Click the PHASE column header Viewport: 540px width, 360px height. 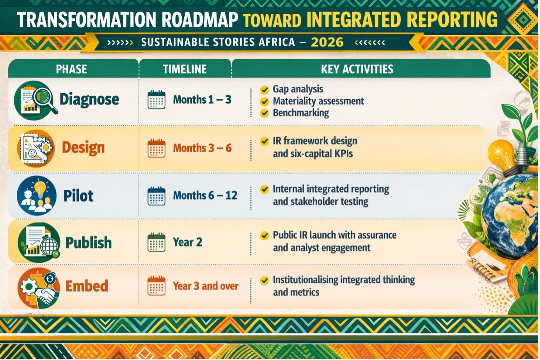coord(71,69)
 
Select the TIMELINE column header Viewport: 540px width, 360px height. coord(185,69)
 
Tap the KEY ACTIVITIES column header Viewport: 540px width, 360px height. coord(357,69)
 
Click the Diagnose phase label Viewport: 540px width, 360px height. coord(89,100)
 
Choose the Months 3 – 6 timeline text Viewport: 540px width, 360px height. coord(202,148)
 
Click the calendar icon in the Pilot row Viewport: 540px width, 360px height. coord(156,196)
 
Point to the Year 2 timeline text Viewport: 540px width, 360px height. coord(187,242)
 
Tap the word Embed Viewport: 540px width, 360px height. coord(87,286)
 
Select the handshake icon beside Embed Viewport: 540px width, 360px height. coord(46,296)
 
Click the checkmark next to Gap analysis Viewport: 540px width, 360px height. coord(265,90)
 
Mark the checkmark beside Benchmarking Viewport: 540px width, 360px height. coord(265,113)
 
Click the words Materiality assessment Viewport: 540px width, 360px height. coord(318,101)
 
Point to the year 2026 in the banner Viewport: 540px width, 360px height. coord(327,42)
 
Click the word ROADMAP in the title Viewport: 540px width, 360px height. coord(200,20)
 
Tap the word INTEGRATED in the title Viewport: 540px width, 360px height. coord(354,20)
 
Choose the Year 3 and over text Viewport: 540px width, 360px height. coord(206,286)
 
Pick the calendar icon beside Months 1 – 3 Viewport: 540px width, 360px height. coord(156,100)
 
